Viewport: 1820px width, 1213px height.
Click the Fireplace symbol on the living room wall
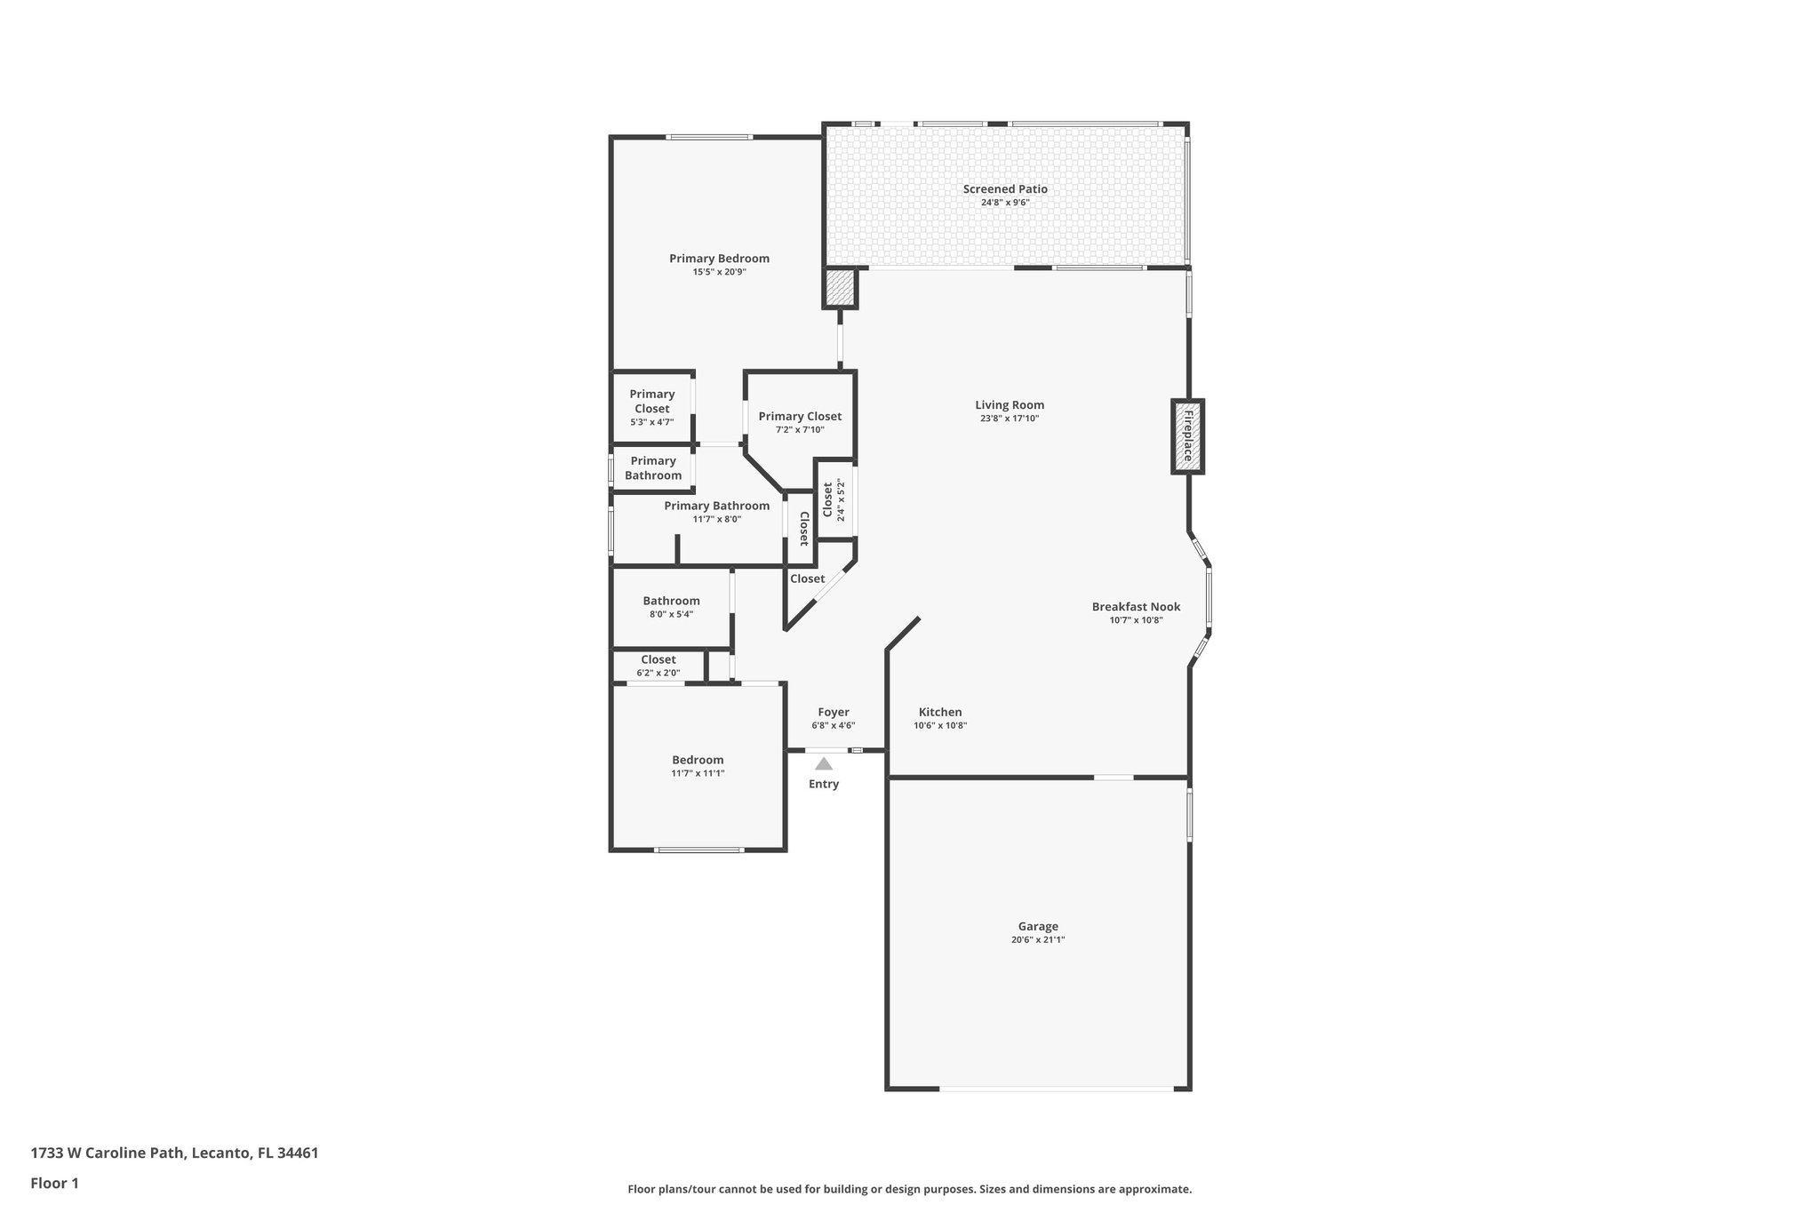pos(1186,435)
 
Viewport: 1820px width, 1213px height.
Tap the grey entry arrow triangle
pos(824,763)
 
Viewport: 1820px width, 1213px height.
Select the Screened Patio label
pos(1005,189)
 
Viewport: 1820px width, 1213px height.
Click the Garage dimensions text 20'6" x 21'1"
pos(1037,939)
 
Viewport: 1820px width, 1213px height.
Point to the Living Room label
pos(1010,405)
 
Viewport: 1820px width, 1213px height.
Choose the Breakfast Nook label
pos(1136,607)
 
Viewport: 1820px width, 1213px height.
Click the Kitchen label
pos(940,712)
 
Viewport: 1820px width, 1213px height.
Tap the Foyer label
pos(834,712)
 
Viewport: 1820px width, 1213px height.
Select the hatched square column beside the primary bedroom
pos(839,288)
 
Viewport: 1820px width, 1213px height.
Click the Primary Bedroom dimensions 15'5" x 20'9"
pos(719,272)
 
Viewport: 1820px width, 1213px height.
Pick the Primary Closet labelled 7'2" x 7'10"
pos(800,417)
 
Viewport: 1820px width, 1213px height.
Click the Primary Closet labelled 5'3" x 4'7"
pos(652,402)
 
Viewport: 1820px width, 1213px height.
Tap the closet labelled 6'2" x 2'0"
pos(659,660)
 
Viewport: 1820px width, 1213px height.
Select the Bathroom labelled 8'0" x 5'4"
pos(671,601)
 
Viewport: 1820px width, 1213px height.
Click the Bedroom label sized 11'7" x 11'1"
pos(698,760)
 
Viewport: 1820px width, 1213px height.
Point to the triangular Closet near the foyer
pos(807,579)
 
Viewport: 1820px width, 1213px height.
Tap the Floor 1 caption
pos(55,1183)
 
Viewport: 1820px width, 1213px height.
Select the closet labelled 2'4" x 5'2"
pos(833,499)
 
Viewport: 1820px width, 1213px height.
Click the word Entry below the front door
pos(823,784)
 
